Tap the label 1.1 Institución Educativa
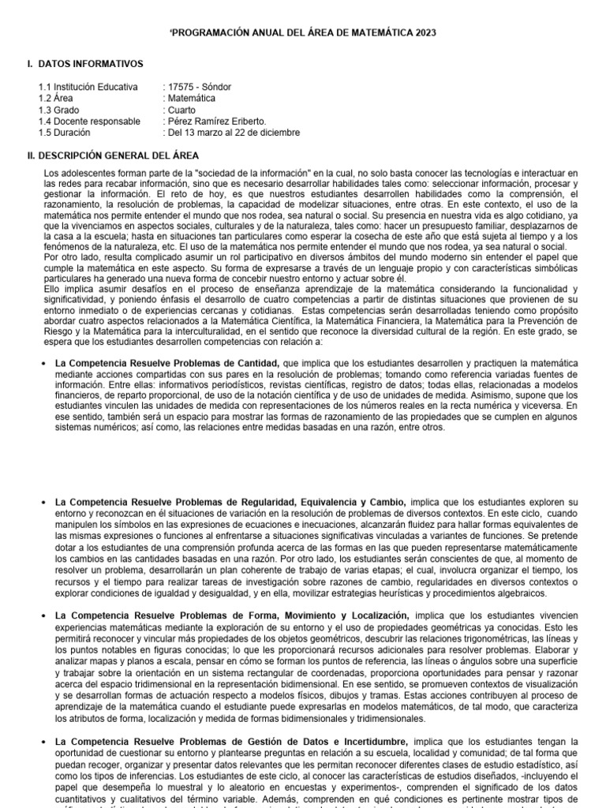coord(88,87)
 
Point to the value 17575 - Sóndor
coord(197,87)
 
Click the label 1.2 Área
coord(58,99)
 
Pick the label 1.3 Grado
coord(62,110)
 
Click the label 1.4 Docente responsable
coord(89,122)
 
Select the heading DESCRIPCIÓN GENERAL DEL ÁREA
coord(113,155)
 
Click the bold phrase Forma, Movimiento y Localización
coord(305,615)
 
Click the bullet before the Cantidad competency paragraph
coord(43,362)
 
